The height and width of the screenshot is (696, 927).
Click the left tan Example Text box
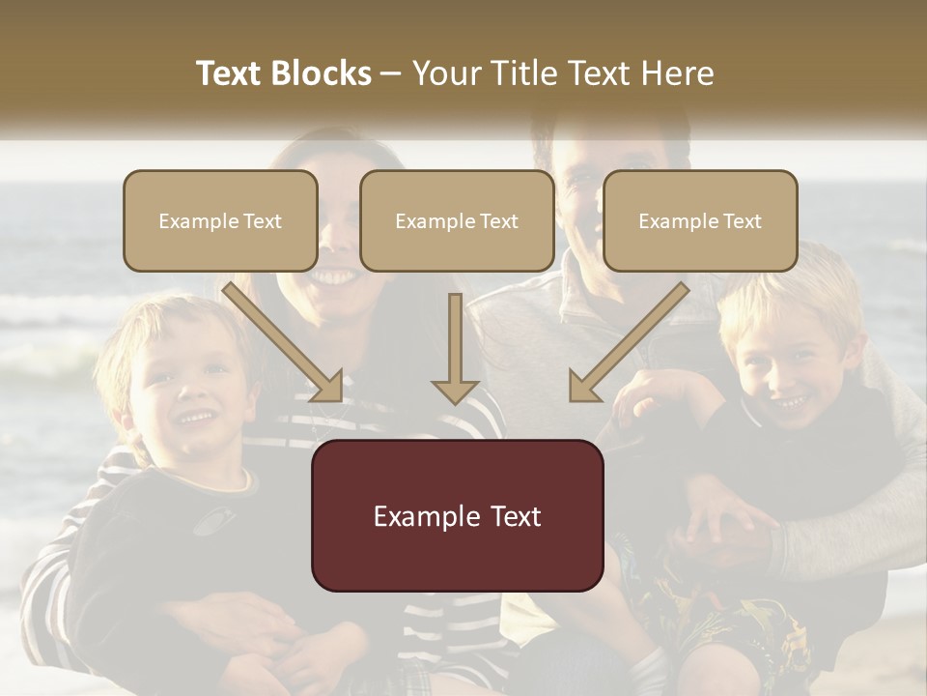click(x=220, y=221)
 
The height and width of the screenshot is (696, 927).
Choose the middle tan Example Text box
click(x=457, y=221)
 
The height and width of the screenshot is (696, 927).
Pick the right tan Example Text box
click(x=700, y=221)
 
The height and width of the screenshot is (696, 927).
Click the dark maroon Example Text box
click(x=457, y=515)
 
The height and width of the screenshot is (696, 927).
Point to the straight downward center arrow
click(x=455, y=348)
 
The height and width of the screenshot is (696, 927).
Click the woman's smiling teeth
click(x=332, y=277)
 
